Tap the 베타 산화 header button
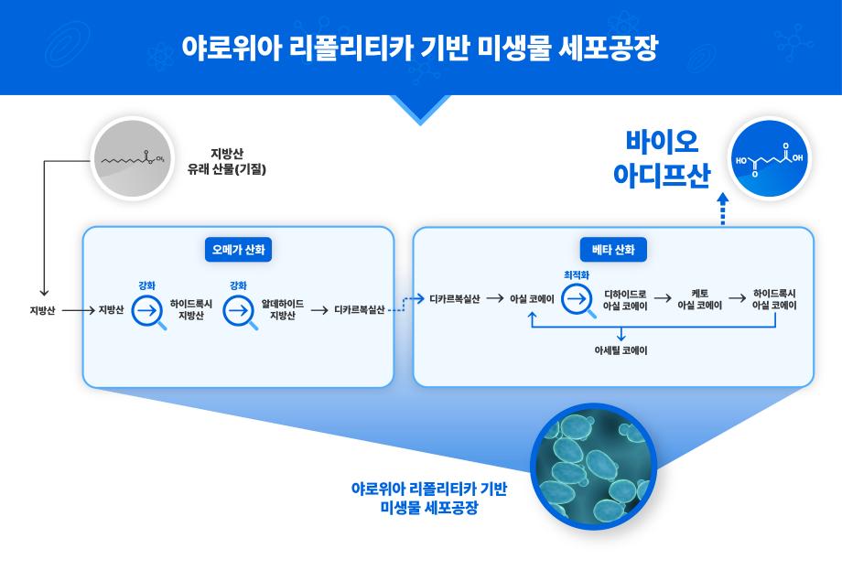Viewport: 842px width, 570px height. click(613, 249)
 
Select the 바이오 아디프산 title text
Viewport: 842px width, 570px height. click(662, 158)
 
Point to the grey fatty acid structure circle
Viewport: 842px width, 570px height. click(131, 159)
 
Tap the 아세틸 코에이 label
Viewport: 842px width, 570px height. click(621, 350)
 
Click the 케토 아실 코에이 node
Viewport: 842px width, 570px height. click(699, 299)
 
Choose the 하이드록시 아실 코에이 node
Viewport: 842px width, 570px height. click(773, 299)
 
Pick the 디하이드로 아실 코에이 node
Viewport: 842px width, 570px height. click(625, 299)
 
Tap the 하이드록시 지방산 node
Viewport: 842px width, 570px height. click(190, 309)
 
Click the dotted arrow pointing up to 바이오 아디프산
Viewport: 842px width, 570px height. click(722, 209)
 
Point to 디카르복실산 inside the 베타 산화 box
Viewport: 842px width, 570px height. click(454, 298)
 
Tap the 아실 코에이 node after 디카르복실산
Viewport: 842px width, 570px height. click(533, 298)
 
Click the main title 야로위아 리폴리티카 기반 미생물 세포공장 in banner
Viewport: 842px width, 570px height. click(420, 48)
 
